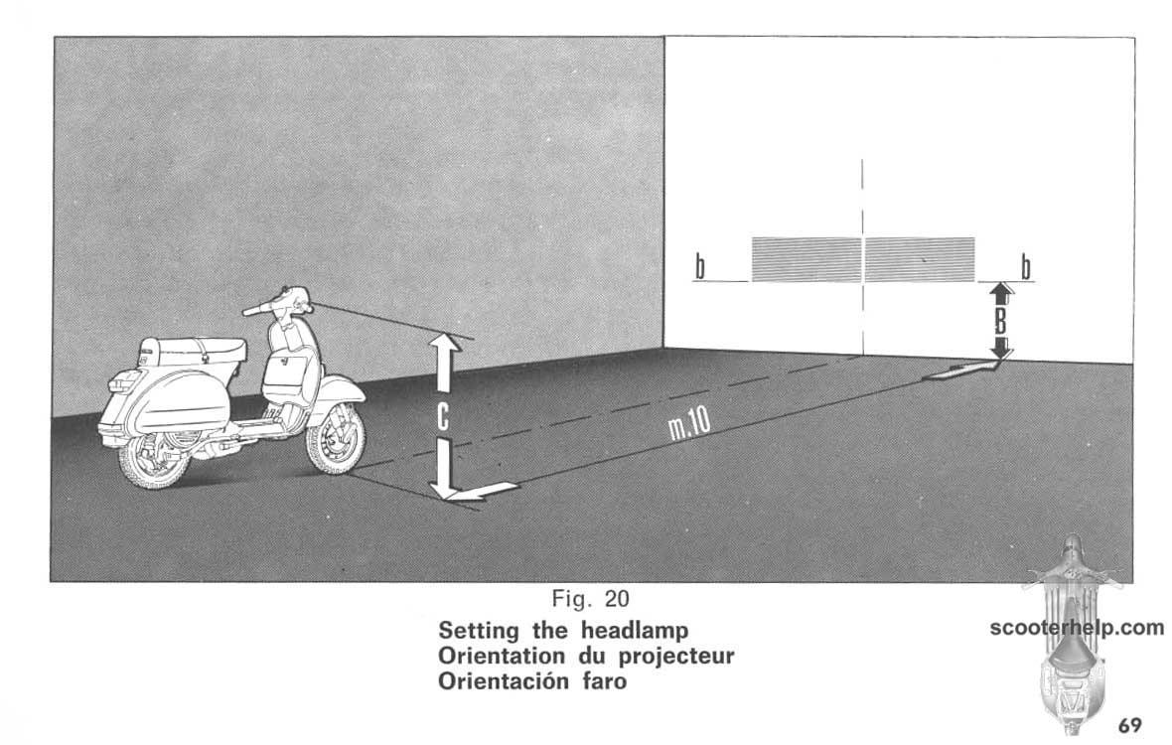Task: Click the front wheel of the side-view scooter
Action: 337,439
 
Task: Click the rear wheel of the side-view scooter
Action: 156,460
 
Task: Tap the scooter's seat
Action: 199,349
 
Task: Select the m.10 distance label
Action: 690,428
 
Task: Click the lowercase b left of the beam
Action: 700,267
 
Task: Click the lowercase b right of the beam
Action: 1026,267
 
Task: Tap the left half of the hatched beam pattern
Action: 806,259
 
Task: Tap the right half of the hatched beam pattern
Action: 920,259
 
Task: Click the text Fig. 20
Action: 591,599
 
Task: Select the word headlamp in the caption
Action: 635,631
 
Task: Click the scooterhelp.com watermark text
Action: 1077,628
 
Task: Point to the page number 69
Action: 1130,725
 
